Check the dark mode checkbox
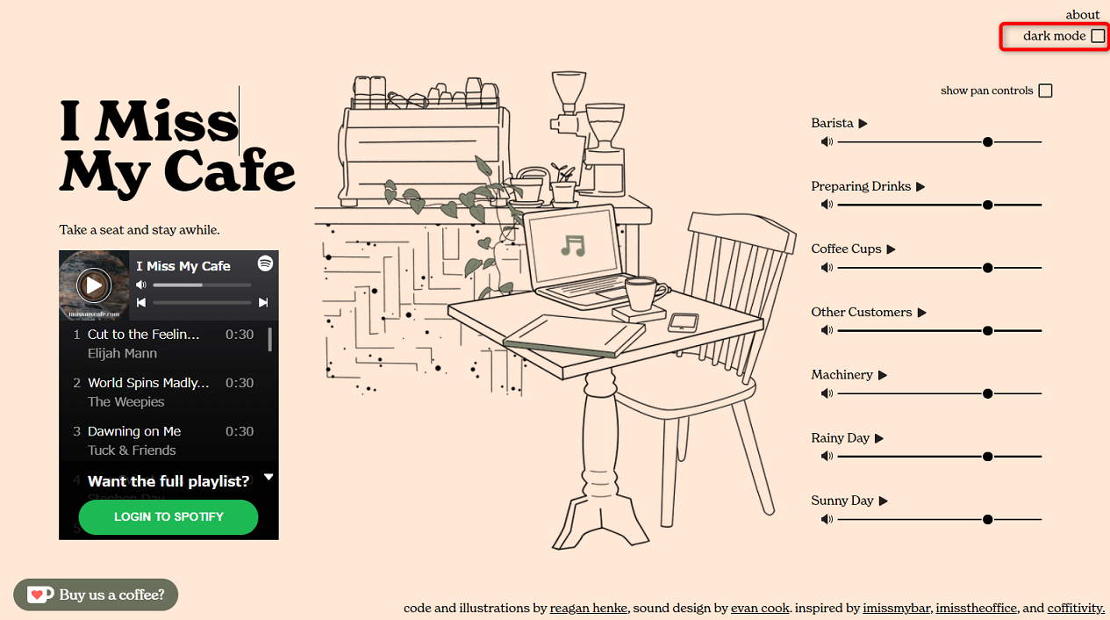[1098, 36]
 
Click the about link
[1082, 15]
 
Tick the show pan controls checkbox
[1045, 90]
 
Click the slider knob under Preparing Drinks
[988, 205]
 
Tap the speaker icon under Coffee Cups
[826, 268]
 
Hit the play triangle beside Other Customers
[922, 313]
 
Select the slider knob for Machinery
[988, 393]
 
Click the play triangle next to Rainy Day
[879, 438]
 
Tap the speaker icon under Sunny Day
[826, 519]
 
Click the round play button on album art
[93, 285]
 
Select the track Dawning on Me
[134, 431]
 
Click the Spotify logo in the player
[265, 263]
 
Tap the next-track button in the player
[263, 303]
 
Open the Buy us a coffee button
[96, 595]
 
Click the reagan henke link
[589, 608]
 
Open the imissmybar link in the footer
[896, 608]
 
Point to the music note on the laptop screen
[572, 245]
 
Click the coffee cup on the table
[645, 292]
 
